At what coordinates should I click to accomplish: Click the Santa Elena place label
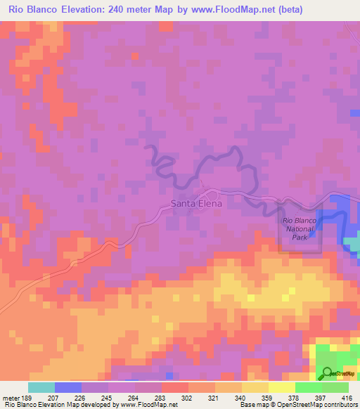(196, 204)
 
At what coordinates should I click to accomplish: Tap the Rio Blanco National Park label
(301, 230)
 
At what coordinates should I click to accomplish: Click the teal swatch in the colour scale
(42, 387)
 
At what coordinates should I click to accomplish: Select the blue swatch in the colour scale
(69, 387)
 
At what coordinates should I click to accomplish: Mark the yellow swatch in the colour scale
(281, 387)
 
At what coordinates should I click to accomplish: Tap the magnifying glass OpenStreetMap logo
(328, 373)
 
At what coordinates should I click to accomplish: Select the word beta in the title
(334, 10)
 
